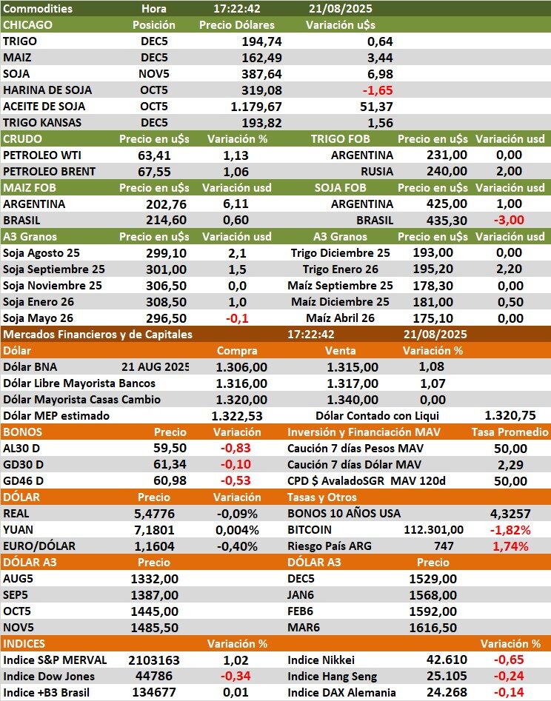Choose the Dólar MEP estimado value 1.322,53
pos(237,416)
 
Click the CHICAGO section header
pos(28,25)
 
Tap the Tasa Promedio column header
pos(510,432)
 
